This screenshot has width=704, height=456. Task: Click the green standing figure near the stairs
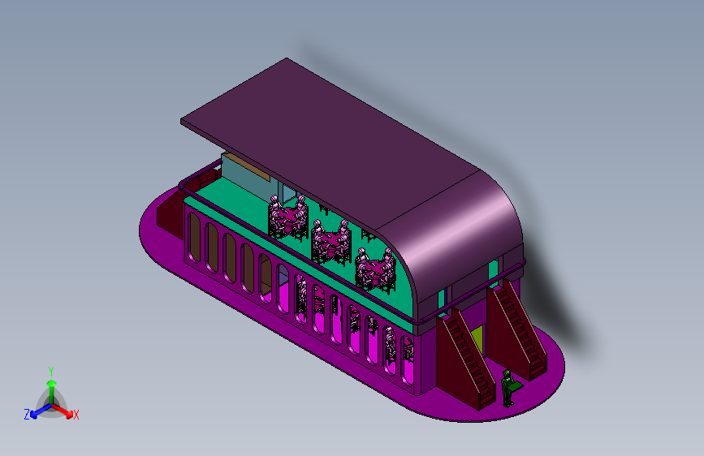tap(508, 389)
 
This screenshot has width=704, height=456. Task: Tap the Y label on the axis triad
tap(51, 372)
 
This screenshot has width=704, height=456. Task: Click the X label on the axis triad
tap(76, 415)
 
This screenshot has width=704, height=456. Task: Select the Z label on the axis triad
tap(27, 415)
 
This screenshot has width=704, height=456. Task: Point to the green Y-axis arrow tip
tap(52, 383)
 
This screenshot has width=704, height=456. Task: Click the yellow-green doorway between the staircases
tap(477, 340)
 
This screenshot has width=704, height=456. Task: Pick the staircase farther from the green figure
tap(517, 329)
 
